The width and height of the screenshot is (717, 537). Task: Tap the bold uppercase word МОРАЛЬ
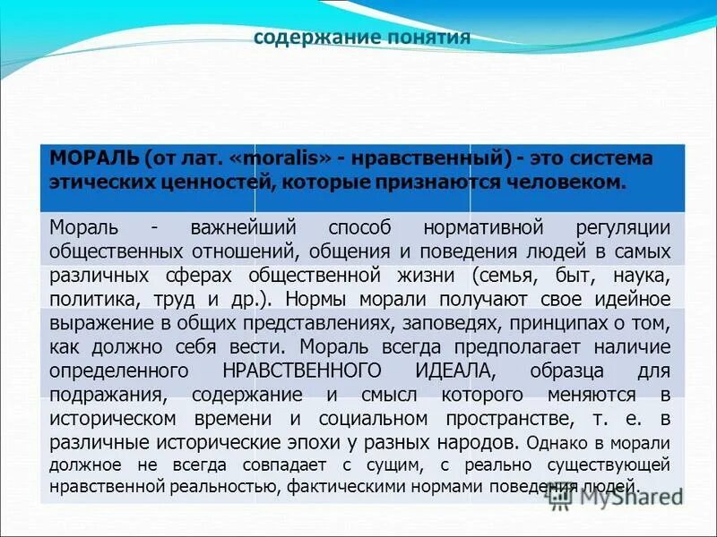coord(94,158)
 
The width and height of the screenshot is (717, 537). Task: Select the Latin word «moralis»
coord(289,158)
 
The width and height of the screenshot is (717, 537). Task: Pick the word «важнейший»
coord(244,227)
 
